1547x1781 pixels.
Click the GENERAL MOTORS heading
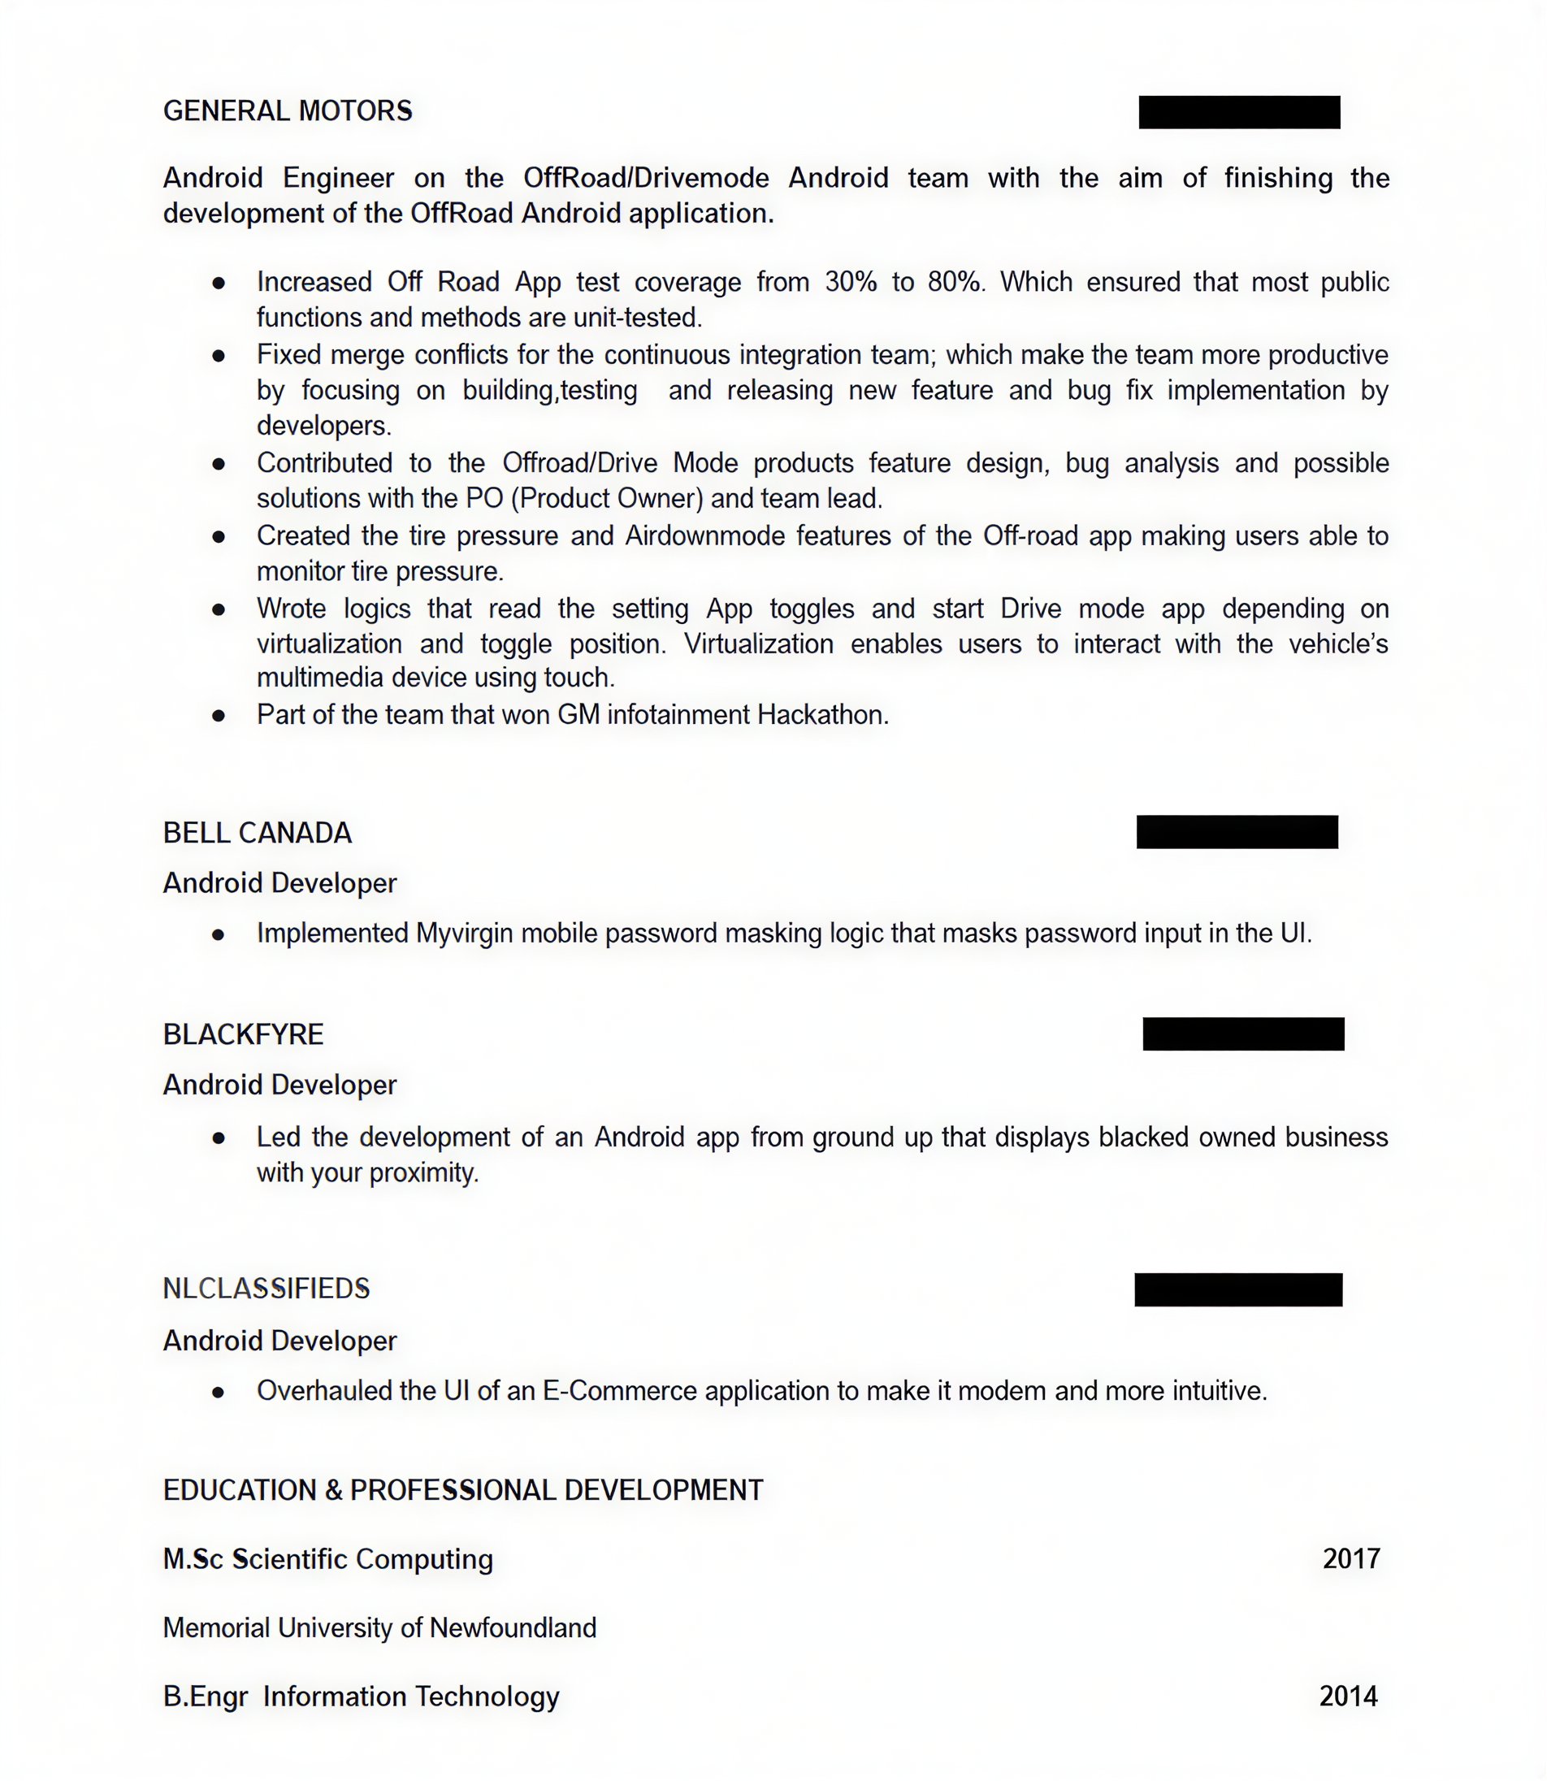coord(288,111)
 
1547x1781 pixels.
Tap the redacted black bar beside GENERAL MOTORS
coord(1239,112)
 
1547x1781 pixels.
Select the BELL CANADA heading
coord(258,833)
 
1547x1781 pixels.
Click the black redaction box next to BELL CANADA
coord(1237,832)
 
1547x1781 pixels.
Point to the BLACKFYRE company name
coord(244,1034)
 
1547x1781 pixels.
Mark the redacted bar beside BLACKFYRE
coord(1243,1034)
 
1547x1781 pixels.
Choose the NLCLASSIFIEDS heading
coord(266,1289)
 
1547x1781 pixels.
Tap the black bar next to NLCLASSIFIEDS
coord(1238,1289)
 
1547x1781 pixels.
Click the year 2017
coord(1351,1559)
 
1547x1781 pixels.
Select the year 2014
coord(1349,1696)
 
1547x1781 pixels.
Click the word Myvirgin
coord(465,934)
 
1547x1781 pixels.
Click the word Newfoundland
coord(513,1628)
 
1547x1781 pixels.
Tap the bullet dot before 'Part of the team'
coord(219,716)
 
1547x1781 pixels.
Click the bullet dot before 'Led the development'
coord(219,1138)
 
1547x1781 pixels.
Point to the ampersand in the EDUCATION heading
coord(334,1491)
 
